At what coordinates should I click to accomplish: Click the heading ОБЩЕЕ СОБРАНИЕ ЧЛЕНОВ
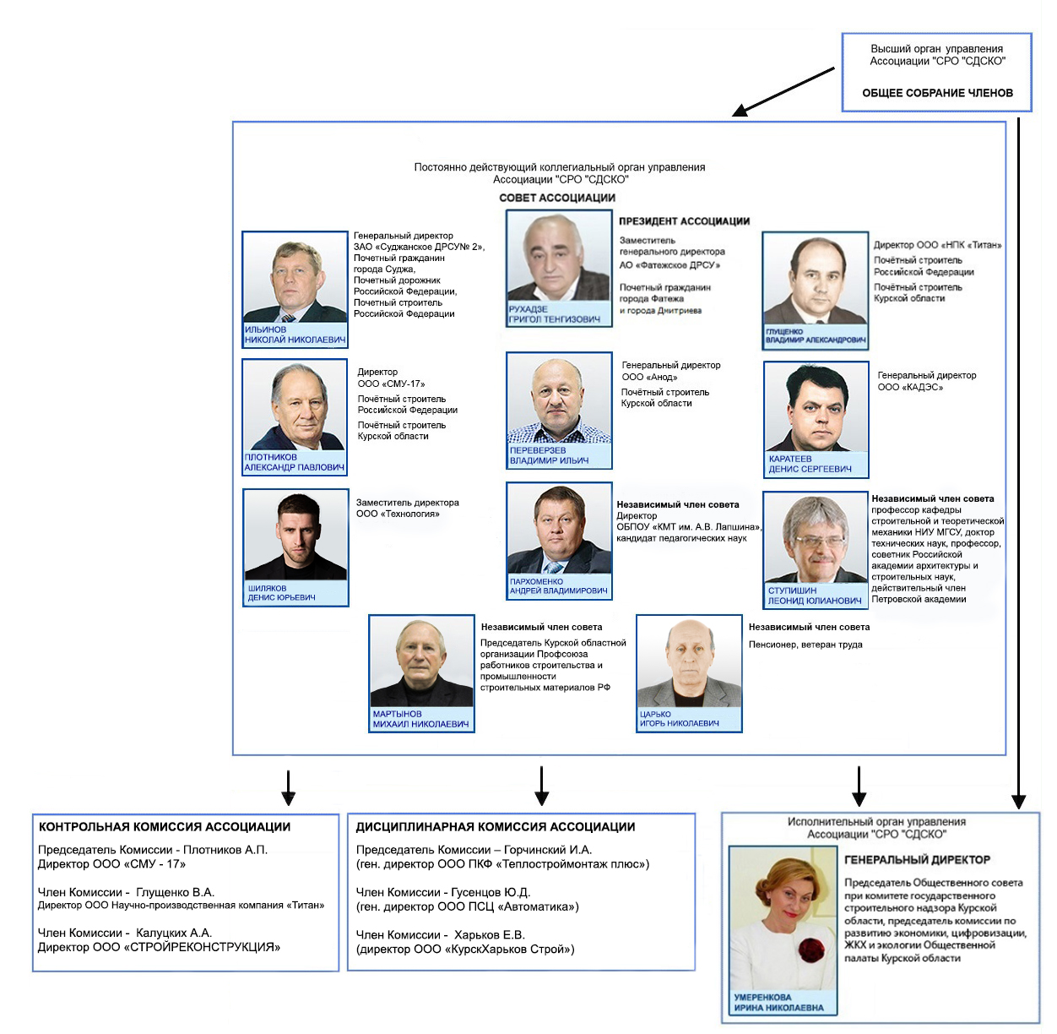tap(937, 93)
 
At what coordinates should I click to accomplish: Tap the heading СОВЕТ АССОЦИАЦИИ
tap(557, 198)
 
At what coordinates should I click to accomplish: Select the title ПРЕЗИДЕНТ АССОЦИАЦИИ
tap(684, 221)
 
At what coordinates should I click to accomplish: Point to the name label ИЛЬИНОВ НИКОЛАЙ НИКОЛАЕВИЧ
tap(295, 335)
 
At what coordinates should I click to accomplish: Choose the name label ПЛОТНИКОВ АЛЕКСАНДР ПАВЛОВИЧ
tap(294, 462)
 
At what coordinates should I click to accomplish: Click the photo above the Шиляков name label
tap(295, 536)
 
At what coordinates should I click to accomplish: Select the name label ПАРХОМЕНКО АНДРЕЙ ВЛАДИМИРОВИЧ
tap(558, 586)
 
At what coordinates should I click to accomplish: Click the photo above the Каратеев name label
tap(816, 408)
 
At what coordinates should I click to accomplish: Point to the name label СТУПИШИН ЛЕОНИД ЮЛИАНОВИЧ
tap(815, 596)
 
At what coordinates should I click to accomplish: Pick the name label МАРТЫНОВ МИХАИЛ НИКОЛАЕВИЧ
tap(420, 719)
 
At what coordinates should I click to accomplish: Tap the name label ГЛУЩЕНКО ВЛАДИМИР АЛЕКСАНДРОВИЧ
tap(816, 336)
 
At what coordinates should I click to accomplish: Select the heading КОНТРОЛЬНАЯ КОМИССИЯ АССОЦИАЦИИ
tap(165, 827)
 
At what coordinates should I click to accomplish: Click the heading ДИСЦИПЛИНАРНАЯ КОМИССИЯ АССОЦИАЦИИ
tap(496, 827)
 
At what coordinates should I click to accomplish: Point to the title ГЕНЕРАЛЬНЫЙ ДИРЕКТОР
tap(917, 860)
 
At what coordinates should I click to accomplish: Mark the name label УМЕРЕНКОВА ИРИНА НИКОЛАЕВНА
tap(778, 1002)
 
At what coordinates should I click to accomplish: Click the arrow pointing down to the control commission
tap(288, 787)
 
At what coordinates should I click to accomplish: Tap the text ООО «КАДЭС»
tap(910, 387)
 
